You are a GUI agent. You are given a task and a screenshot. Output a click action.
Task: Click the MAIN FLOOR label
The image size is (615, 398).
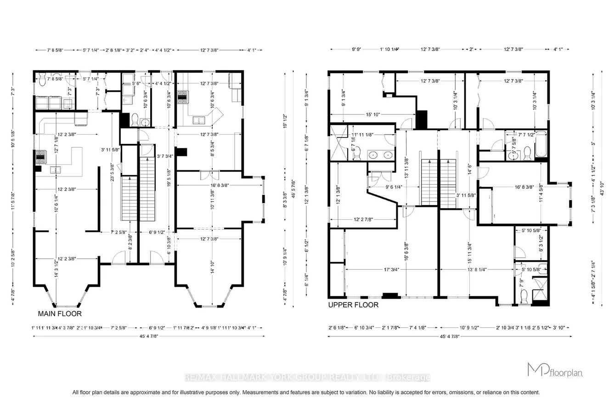tap(60, 314)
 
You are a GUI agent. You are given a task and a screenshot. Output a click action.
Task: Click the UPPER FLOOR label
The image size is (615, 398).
tap(353, 305)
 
